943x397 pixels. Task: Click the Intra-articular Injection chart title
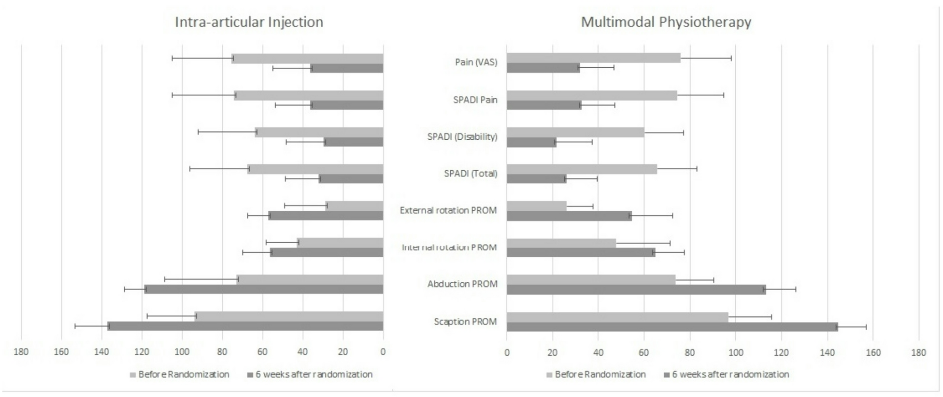tap(249, 22)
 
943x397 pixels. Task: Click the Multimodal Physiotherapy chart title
tap(666, 22)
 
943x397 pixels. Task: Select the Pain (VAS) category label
tap(476, 62)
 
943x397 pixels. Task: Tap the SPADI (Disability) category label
tap(462, 137)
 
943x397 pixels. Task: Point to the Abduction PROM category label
tap(462, 284)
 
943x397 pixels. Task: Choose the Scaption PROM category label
tap(465, 322)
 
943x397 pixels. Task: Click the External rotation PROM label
tap(448, 210)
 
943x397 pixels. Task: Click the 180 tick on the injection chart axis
tap(21, 352)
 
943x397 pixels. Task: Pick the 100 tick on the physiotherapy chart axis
tap(736, 352)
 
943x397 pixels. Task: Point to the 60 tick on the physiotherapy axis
tap(644, 352)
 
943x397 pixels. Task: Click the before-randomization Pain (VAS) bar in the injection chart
tap(308, 59)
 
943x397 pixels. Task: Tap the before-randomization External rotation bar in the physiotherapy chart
tap(537, 206)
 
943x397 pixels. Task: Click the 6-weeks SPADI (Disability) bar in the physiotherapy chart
tap(531, 142)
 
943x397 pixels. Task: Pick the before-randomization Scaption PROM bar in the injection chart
tap(289, 316)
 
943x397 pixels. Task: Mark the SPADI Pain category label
tap(475, 100)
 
